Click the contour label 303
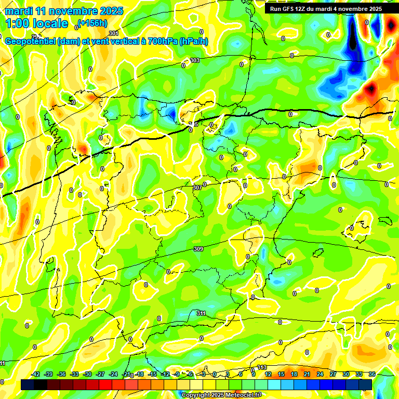(195, 61)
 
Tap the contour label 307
(197, 188)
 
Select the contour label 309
(198, 249)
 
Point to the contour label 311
(201, 313)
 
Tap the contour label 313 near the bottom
(262, 367)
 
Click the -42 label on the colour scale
(36, 374)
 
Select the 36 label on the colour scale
(372, 374)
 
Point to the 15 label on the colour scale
(281, 374)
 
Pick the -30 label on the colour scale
(88, 374)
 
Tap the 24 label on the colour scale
(320, 374)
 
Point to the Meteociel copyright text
(221, 395)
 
